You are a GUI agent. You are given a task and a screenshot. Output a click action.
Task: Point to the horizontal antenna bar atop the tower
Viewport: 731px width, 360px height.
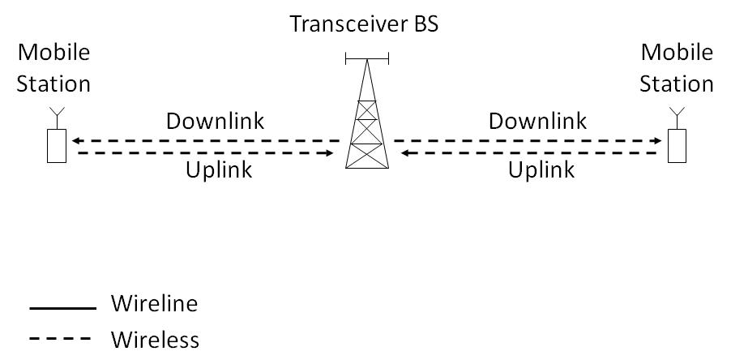tap(366, 58)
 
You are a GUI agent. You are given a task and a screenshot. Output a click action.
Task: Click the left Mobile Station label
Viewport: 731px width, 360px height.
tap(54, 68)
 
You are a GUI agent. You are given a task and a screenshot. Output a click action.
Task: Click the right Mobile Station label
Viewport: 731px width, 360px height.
tap(677, 68)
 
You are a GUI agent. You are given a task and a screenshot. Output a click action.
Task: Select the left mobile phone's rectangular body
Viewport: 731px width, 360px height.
tap(55, 145)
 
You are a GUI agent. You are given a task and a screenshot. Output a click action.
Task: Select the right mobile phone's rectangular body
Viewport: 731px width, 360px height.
tap(677, 145)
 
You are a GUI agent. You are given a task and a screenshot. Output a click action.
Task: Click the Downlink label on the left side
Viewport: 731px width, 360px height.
tap(215, 122)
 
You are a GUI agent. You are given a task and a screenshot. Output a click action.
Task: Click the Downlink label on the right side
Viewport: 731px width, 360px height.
tap(537, 122)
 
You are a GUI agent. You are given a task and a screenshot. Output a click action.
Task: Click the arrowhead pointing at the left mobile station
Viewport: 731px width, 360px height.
tap(75, 141)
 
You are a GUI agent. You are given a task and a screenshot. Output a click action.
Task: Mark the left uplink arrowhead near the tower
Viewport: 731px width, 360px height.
tap(331, 152)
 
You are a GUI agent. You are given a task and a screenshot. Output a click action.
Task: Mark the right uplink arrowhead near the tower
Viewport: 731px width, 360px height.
tap(402, 152)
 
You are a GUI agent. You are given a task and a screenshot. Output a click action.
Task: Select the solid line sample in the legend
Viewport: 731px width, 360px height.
tap(62, 308)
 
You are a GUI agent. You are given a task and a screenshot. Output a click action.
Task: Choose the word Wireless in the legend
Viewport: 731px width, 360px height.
tap(155, 338)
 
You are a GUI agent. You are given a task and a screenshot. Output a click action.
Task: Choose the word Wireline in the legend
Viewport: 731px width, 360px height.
tap(153, 305)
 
